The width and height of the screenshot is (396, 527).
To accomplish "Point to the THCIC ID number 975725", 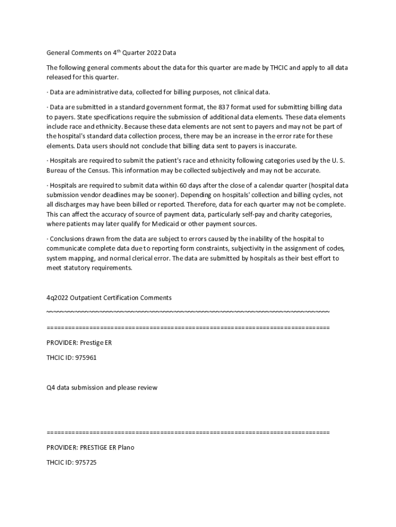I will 85,463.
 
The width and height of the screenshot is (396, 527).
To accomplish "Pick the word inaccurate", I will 264,146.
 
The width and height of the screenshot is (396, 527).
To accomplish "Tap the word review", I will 147,388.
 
